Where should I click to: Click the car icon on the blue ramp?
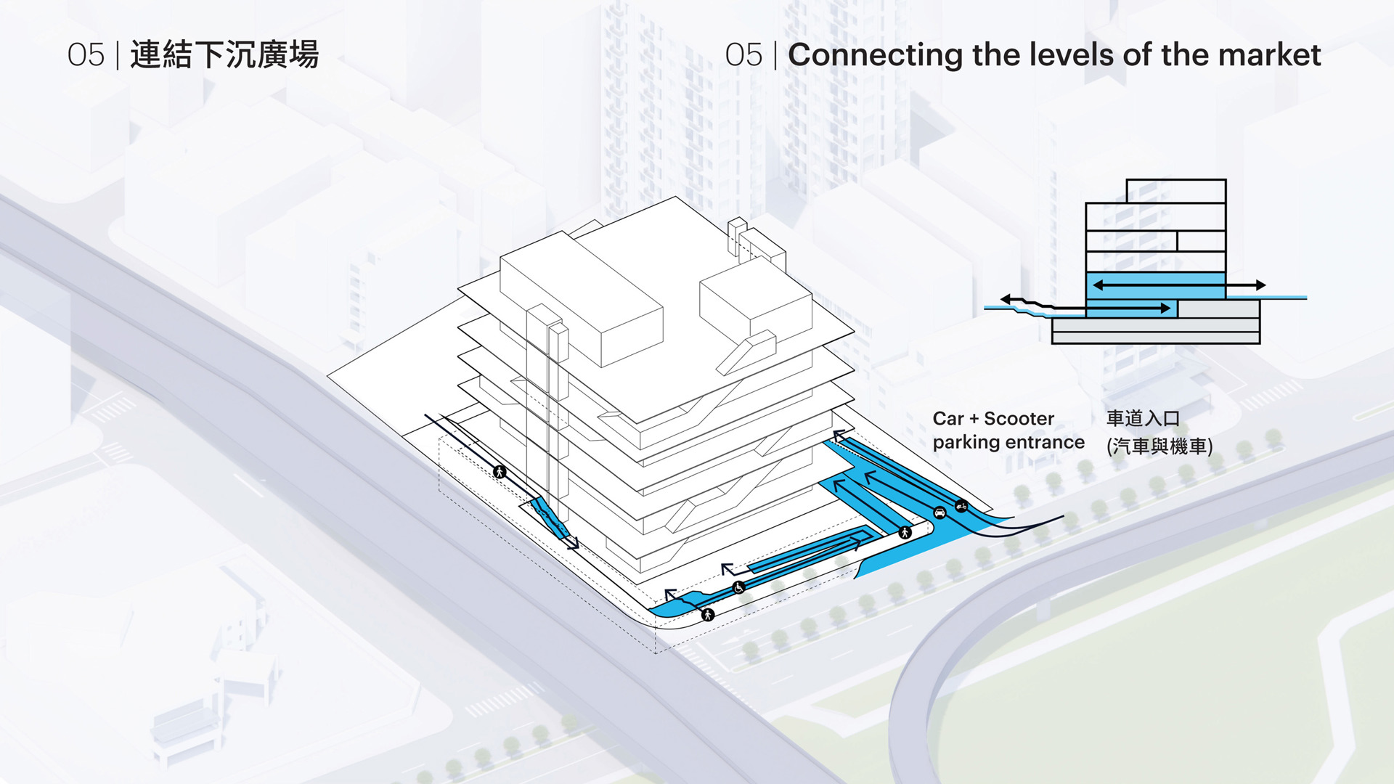point(939,513)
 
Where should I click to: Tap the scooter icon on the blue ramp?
point(961,505)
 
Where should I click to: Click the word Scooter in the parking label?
point(1019,419)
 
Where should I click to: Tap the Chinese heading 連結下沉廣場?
point(224,55)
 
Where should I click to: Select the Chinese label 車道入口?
point(1143,418)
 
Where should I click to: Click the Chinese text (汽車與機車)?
point(1159,446)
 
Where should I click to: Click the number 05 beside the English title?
point(743,55)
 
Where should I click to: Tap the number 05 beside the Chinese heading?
point(86,55)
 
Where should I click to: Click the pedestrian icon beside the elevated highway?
point(500,472)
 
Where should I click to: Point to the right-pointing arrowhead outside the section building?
point(1260,285)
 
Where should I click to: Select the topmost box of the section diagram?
point(1175,191)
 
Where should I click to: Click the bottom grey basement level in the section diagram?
point(1155,338)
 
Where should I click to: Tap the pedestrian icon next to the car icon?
point(905,532)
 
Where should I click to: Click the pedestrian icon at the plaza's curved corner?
point(708,615)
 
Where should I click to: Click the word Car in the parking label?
point(947,419)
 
